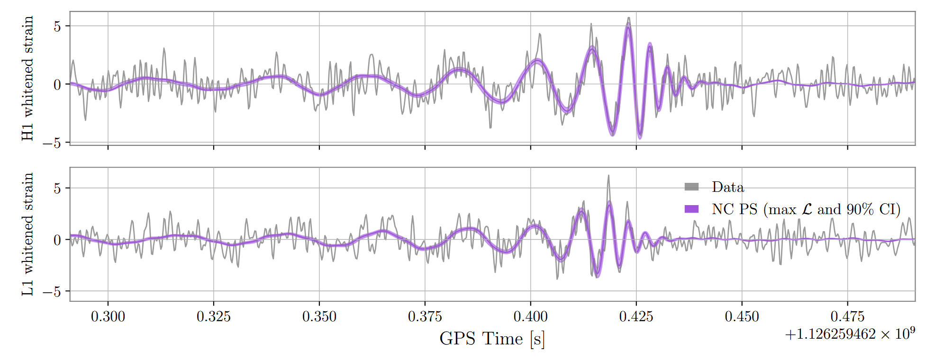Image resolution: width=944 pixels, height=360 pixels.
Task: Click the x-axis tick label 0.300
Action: pos(108,316)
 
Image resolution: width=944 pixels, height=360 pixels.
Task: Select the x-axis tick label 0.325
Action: pos(214,316)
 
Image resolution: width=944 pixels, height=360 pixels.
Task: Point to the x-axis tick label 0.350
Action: pos(319,316)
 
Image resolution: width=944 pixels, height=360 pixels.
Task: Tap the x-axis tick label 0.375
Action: pos(425,316)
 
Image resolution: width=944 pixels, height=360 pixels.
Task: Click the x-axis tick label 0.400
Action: pos(531,316)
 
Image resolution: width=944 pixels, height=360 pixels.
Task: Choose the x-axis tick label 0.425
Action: pos(636,316)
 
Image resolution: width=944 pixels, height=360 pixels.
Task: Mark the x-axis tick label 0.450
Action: pos(742,316)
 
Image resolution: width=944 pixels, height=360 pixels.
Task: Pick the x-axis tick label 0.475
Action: pos(848,316)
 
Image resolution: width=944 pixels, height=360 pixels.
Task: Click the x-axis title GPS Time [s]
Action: pos(492,339)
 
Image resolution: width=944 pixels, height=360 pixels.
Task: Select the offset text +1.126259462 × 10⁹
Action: pos(850,334)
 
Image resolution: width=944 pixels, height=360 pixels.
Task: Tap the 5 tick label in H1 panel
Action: pos(58,27)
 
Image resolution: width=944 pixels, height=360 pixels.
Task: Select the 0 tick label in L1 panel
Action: pos(58,240)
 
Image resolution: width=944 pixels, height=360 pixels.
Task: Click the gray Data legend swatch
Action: pos(691,187)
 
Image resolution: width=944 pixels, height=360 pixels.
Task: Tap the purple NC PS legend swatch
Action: pos(691,209)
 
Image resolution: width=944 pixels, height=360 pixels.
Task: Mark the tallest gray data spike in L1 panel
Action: pos(608,176)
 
